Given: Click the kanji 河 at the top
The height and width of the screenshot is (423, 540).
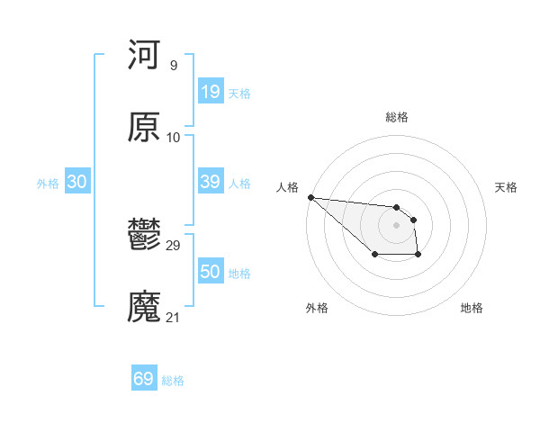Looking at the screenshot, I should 144,55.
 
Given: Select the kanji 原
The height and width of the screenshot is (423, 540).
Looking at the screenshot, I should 144,128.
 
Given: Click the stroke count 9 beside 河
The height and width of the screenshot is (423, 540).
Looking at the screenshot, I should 173,65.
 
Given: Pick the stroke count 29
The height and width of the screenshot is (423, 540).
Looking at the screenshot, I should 174,245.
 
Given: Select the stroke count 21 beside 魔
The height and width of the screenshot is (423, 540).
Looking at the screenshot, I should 174,318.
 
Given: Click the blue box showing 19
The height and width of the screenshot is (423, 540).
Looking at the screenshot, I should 210,92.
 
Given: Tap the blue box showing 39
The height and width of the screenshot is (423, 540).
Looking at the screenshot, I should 210,182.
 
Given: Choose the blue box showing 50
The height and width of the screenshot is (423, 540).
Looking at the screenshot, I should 210,272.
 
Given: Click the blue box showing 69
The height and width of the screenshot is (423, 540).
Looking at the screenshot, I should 144,379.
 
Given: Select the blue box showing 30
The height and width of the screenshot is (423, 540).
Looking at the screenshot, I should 77,182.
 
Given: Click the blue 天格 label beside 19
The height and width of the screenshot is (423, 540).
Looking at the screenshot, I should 239,94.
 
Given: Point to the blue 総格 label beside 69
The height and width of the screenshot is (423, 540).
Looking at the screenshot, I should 173,381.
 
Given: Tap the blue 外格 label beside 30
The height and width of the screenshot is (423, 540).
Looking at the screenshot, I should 48,184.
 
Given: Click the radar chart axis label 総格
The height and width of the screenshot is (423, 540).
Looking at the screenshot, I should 396,117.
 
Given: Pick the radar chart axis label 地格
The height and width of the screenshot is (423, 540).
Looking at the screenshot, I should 472,308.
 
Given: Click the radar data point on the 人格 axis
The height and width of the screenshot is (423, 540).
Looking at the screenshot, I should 310,197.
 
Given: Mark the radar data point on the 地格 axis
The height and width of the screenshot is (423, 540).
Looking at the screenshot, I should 418,256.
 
